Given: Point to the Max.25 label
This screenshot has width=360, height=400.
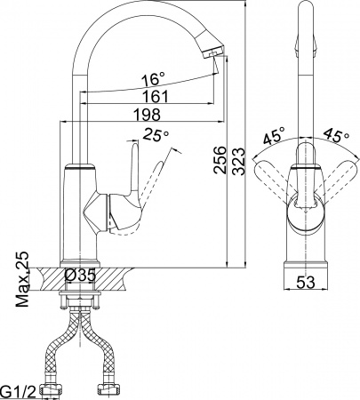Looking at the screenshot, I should click(22, 278).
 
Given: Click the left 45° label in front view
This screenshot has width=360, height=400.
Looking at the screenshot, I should click(274, 138).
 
